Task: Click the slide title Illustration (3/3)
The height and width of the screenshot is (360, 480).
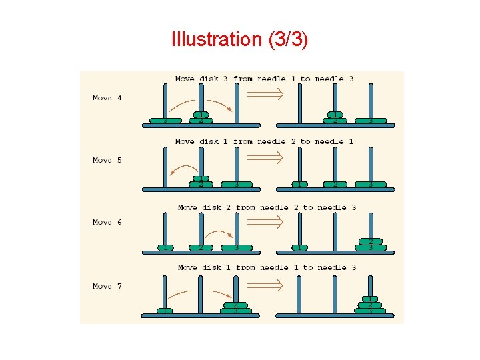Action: click(239, 39)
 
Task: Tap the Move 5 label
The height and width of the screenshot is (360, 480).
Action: click(107, 160)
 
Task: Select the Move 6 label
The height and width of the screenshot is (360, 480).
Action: click(107, 222)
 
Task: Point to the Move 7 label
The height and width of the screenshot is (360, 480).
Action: click(107, 286)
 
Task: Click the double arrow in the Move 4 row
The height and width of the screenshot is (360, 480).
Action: click(266, 94)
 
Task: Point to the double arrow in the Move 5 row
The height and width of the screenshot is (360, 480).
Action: click(266, 157)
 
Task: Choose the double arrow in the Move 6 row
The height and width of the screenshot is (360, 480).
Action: click(266, 221)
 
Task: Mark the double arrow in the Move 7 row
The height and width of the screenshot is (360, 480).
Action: click(266, 285)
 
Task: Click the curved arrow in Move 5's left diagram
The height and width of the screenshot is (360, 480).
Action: click(181, 168)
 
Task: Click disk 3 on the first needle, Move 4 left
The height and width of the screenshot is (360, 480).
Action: click(165, 121)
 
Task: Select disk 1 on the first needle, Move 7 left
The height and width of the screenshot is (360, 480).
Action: click(165, 311)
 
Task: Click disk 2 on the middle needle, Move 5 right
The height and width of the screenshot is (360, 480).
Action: click(335, 184)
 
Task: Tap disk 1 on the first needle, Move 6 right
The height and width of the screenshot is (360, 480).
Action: click(299, 248)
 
